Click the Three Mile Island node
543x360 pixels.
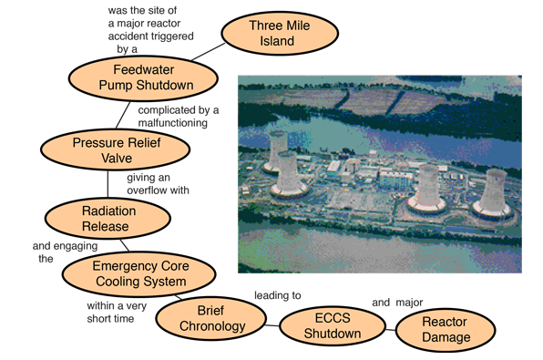click(280, 33)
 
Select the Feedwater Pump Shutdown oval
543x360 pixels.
click(143, 78)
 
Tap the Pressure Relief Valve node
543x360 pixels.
click(116, 149)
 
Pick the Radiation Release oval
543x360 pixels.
click(108, 219)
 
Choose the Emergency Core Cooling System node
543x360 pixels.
click(139, 273)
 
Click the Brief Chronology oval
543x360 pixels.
click(210, 318)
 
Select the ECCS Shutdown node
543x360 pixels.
click(333, 325)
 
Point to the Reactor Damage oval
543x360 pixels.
click(446, 330)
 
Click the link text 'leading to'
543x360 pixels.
click(278, 295)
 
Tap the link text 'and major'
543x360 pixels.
click(397, 303)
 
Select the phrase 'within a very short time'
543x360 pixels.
click(117, 313)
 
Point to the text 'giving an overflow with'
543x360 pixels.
click(158, 184)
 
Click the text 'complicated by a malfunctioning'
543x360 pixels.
click(179, 117)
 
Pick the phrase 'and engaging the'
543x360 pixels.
click(65, 252)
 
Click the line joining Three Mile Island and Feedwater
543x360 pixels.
click(208, 52)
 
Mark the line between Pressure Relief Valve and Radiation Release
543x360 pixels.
click(108, 184)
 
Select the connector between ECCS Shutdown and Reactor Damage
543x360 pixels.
click(391, 330)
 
